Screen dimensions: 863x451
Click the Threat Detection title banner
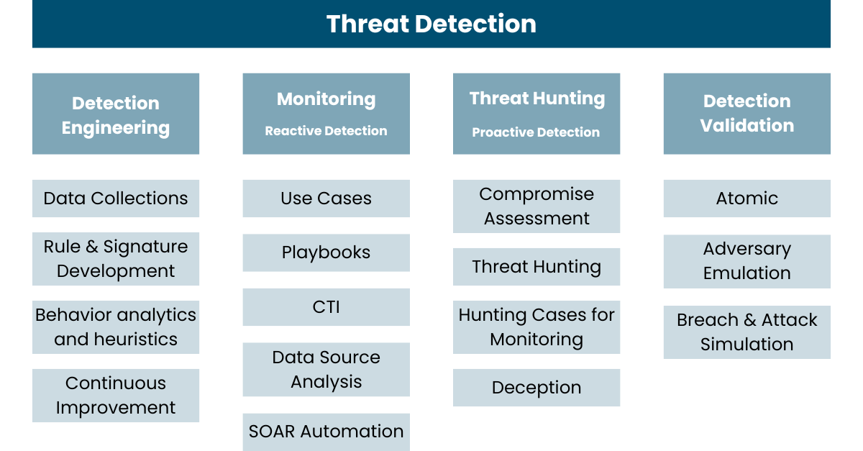pos(431,24)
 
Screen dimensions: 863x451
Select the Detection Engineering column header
pos(116,114)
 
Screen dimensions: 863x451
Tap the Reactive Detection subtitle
pos(326,131)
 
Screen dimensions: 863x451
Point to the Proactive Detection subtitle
pos(536,132)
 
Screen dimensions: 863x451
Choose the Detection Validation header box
pos(747,114)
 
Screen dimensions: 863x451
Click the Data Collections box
pos(116,199)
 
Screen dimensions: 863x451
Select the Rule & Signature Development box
pos(116,259)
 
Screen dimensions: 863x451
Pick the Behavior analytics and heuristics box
pos(116,327)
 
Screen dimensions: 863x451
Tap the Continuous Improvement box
pos(116,396)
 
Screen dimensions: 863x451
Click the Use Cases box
pos(326,199)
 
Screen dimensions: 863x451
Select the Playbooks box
pos(326,253)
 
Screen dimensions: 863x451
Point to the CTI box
pos(326,307)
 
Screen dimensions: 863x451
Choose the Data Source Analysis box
pos(326,369)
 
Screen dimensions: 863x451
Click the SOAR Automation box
pos(326,432)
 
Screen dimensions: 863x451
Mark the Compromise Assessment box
pos(536,206)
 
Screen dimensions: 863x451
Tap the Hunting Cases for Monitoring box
pos(536,327)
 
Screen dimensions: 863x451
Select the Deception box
pos(536,388)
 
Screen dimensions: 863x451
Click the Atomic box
pos(747,199)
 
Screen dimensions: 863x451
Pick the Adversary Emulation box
pos(747,261)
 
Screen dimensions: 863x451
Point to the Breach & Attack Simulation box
pos(747,332)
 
